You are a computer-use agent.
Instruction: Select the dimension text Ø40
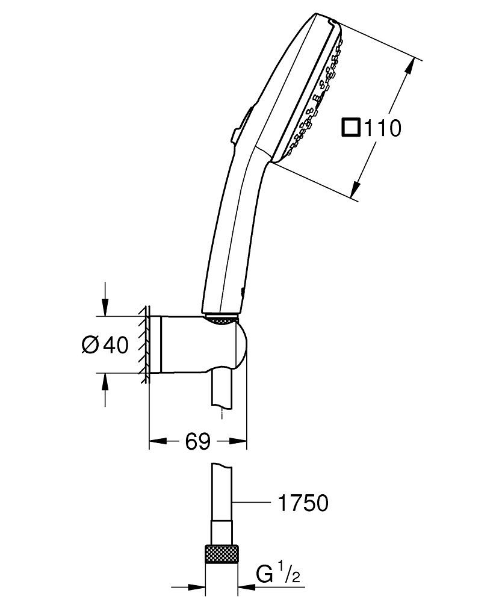click(x=105, y=345)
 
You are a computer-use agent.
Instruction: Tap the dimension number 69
click(x=197, y=442)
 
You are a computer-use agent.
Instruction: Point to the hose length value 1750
click(x=302, y=503)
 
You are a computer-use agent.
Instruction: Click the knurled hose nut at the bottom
click(x=222, y=554)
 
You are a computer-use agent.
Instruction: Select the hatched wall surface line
click(x=146, y=345)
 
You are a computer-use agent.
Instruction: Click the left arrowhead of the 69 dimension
click(x=156, y=442)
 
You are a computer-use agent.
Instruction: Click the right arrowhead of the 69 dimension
click(x=240, y=442)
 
